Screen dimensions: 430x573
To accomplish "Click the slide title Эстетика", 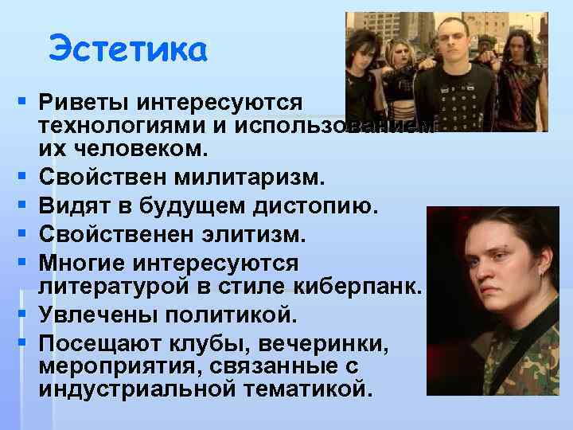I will click(x=127, y=49).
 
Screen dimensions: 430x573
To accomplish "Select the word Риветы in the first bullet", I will click(x=84, y=103).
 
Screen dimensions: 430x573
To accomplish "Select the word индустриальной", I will click(x=139, y=389).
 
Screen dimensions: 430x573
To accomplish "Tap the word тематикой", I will click(x=313, y=389).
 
